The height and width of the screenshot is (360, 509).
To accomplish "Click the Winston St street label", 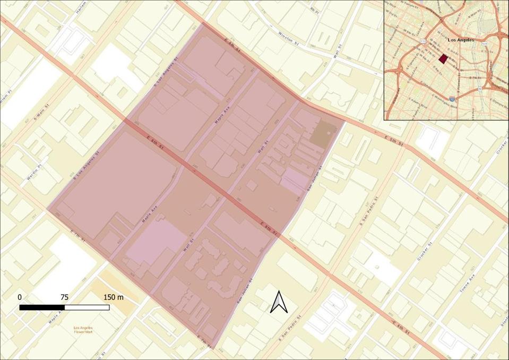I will coord(289,39).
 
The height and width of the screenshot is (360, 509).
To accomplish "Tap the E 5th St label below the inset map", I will coord(394,140).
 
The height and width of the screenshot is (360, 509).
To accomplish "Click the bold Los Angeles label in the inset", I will coord(461,40).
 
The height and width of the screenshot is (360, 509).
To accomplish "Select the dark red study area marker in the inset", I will coord(443,58).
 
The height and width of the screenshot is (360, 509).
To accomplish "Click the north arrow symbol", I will coord(279,302).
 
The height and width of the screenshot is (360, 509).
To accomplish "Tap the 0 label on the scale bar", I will coord(20,297).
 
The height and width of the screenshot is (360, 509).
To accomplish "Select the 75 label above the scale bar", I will coord(64,297).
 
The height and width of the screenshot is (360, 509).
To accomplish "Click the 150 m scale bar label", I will coord(113,297).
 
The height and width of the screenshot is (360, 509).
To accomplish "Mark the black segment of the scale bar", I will coord(42,307).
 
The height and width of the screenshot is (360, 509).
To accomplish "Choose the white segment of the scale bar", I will coord(87,307).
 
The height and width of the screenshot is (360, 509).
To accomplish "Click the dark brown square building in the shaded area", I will coord(323,133).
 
